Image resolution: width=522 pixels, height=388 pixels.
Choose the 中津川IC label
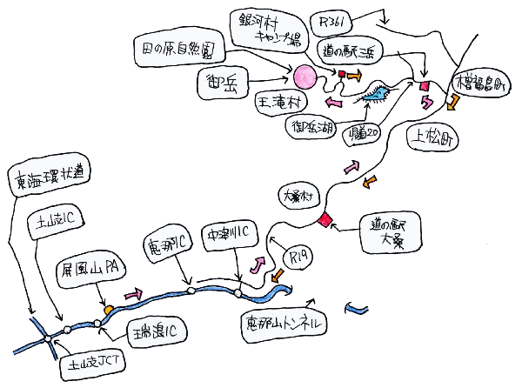coord(229,234)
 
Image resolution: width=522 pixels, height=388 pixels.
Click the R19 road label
coord(298,258)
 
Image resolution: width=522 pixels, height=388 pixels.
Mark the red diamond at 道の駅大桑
coord(325,218)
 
